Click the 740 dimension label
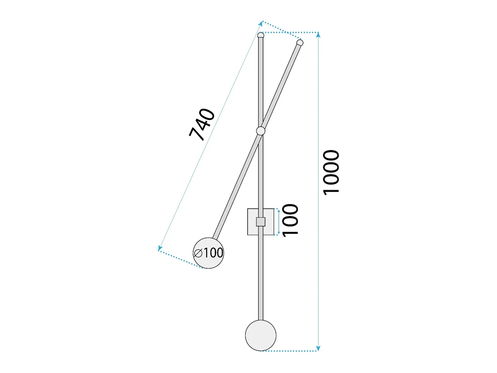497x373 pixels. click(x=202, y=125)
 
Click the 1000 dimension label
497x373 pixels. click(x=331, y=173)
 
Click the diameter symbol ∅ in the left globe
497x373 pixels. click(x=198, y=253)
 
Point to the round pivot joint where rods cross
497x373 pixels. click(x=261, y=131)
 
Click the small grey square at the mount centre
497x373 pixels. click(x=261, y=222)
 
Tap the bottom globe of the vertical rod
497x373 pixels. click(x=261, y=336)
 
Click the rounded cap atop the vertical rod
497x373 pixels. click(x=261, y=35)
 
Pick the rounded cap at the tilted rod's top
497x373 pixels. click(x=300, y=43)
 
